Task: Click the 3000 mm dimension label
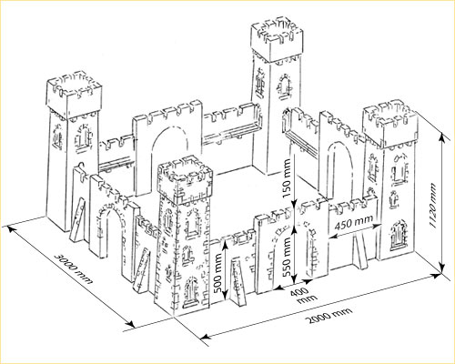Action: [x=74, y=268]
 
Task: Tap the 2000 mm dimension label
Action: [x=329, y=316]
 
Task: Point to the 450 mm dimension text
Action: [x=353, y=223]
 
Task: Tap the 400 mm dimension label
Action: [x=303, y=295]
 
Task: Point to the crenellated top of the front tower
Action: [x=185, y=179]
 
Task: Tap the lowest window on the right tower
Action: [x=398, y=236]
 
